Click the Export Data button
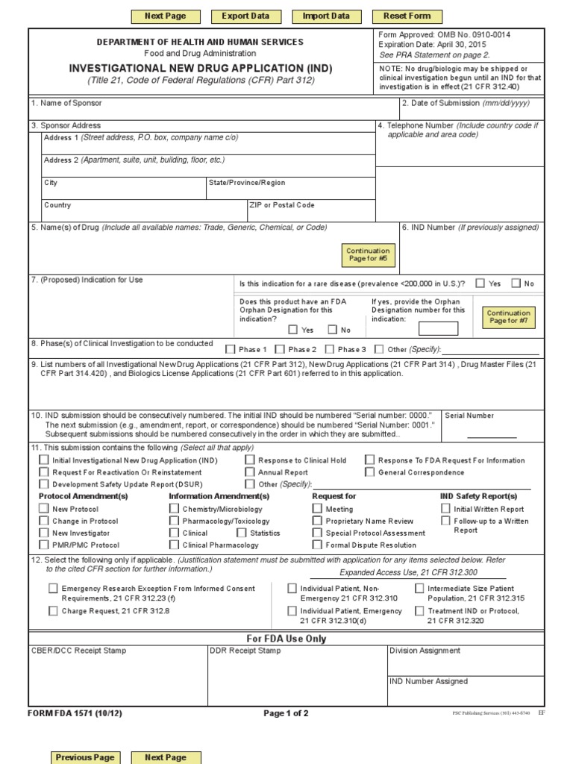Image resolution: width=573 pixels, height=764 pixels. (245, 16)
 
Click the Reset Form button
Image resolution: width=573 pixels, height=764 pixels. (407, 16)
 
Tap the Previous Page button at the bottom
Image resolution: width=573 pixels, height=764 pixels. (85, 757)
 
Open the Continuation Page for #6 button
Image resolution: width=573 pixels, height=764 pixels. (368, 255)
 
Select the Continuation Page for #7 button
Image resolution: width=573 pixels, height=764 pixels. (508, 317)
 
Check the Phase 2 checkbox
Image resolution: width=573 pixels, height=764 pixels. (280, 348)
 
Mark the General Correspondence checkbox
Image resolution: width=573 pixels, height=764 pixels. (369, 472)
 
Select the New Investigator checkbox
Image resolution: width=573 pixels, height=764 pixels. (43, 533)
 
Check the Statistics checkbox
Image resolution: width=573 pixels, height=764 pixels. (242, 533)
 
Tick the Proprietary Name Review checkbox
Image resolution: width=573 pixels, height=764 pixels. (317, 521)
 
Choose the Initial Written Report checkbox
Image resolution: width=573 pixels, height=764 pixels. (445, 509)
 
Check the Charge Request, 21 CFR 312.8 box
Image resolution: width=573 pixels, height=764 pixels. (53, 611)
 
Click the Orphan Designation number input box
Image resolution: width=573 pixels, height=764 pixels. (438, 328)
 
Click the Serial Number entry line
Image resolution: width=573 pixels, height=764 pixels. (491, 434)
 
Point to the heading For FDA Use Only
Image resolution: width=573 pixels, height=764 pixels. (286, 639)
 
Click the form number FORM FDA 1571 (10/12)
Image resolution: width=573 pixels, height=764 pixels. (75, 713)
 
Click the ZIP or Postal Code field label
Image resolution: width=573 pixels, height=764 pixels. (283, 205)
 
